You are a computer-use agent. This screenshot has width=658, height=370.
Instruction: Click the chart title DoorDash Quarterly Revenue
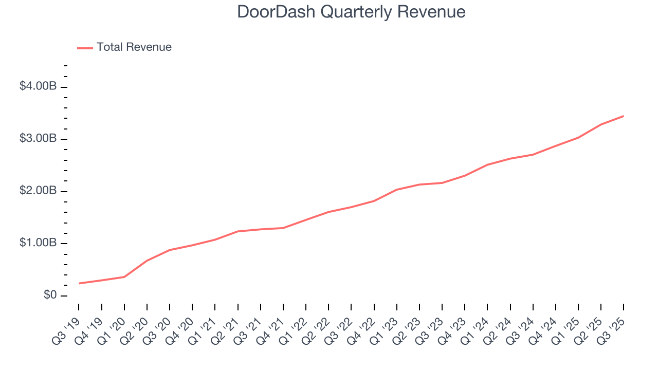point(351,12)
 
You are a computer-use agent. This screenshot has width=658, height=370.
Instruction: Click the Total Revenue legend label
point(134,47)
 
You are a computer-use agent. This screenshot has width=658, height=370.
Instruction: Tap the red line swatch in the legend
point(85,48)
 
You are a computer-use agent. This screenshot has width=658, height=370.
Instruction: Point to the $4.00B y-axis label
point(38,86)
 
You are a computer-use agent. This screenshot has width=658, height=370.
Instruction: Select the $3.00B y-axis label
point(38,139)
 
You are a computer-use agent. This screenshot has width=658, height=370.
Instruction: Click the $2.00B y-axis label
point(38,191)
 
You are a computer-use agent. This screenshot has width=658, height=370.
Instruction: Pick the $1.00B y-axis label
point(38,243)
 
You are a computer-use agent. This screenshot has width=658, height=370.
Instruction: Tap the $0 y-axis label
point(50,295)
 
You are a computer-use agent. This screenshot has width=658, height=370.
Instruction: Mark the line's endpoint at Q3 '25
point(624,116)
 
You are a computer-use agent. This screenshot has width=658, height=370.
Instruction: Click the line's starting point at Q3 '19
point(79,283)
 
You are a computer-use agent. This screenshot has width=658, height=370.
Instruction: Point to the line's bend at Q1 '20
point(124,277)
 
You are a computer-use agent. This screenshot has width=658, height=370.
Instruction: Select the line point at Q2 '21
point(238,231)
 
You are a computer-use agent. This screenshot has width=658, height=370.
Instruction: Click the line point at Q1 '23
point(397,190)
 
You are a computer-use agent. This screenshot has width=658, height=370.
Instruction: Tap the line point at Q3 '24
point(533,155)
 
